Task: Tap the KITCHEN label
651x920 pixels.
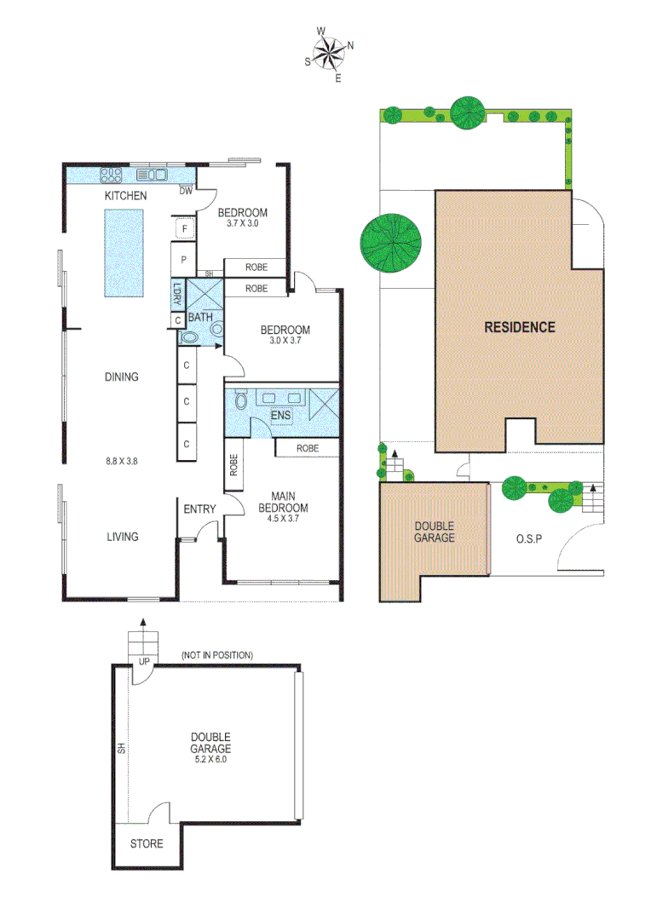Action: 125,196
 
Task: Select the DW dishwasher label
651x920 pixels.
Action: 186,191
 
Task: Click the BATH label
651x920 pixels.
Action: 200,317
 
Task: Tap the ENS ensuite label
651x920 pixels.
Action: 279,416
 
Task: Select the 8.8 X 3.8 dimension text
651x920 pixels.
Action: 122,461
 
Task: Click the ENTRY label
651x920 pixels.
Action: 199,509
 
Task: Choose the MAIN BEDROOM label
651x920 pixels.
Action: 289,502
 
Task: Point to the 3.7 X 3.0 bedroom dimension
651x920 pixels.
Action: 242,224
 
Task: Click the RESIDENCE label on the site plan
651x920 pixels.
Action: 520,326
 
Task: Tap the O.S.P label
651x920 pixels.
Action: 530,538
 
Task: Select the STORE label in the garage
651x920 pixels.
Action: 146,844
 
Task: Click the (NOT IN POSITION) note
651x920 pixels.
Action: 217,655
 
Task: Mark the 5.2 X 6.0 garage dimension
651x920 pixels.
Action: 210,759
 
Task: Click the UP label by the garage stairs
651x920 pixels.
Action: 143,661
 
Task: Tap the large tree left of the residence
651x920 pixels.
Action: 390,242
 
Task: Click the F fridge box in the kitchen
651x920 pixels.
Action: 184,228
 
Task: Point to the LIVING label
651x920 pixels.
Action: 122,537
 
